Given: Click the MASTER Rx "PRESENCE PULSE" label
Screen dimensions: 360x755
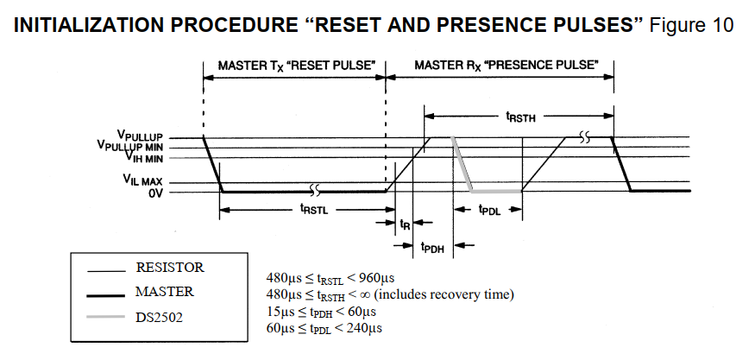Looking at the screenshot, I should (x=506, y=65).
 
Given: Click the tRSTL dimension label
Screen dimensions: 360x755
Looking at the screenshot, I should (x=312, y=208).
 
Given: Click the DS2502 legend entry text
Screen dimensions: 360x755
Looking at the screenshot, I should (x=159, y=318).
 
